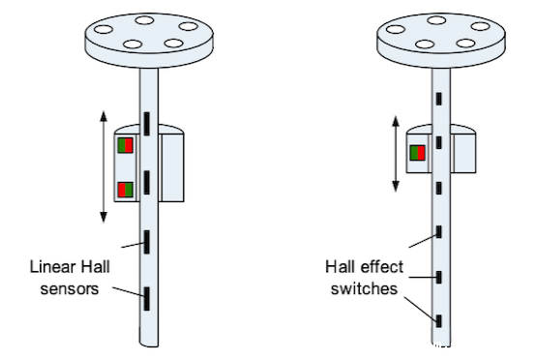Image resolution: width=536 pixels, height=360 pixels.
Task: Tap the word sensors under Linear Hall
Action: (x=70, y=289)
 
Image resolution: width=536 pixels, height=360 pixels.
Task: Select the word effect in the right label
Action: (x=383, y=267)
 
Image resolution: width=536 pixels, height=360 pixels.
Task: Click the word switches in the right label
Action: (x=364, y=288)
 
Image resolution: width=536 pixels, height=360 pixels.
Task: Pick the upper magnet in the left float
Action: (x=126, y=145)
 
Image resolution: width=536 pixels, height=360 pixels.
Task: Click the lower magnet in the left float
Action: (x=126, y=190)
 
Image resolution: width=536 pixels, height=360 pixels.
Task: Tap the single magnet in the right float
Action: (x=417, y=153)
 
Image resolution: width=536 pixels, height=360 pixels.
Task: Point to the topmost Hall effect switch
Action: (x=439, y=99)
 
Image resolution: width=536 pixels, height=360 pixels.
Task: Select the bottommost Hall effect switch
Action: (x=439, y=321)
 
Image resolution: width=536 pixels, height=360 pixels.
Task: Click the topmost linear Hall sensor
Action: (x=147, y=124)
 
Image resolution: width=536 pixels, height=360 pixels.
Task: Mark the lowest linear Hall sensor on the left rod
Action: (x=147, y=299)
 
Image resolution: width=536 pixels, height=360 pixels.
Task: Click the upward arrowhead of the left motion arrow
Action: (x=104, y=116)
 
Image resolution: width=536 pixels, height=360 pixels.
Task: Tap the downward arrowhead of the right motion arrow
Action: (x=396, y=186)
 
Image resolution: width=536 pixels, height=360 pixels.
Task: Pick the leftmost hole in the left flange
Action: (x=104, y=29)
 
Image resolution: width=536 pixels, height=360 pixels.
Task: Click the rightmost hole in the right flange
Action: (x=481, y=26)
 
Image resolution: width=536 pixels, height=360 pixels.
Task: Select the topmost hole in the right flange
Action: (x=436, y=20)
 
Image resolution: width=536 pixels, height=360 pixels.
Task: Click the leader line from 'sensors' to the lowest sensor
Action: (x=128, y=291)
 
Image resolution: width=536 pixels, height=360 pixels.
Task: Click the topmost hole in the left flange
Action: (x=144, y=20)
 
